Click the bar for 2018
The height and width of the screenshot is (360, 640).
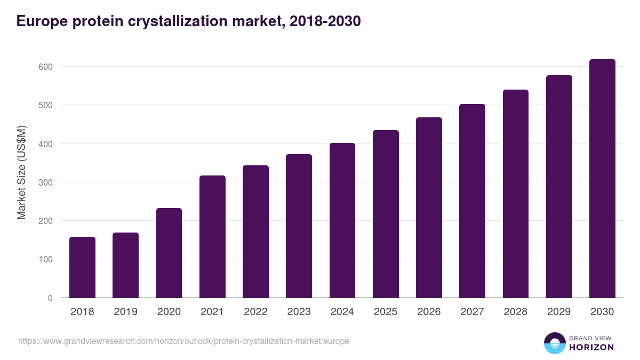(82, 267)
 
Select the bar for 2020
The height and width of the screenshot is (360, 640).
(169, 253)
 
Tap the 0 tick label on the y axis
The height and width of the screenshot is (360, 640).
(50, 298)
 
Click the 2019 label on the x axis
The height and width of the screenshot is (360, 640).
(125, 312)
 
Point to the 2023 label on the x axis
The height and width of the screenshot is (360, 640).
(299, 312)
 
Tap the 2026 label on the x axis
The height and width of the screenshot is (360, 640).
(429, 312)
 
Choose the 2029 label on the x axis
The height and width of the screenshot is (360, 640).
(559, 312)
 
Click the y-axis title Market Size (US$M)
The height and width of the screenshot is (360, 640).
(21, 172)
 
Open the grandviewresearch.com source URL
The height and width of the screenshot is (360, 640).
(183, 341)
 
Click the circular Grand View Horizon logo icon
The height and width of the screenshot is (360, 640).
(555, 343)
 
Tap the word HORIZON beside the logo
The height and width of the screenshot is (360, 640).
(591, 347)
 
